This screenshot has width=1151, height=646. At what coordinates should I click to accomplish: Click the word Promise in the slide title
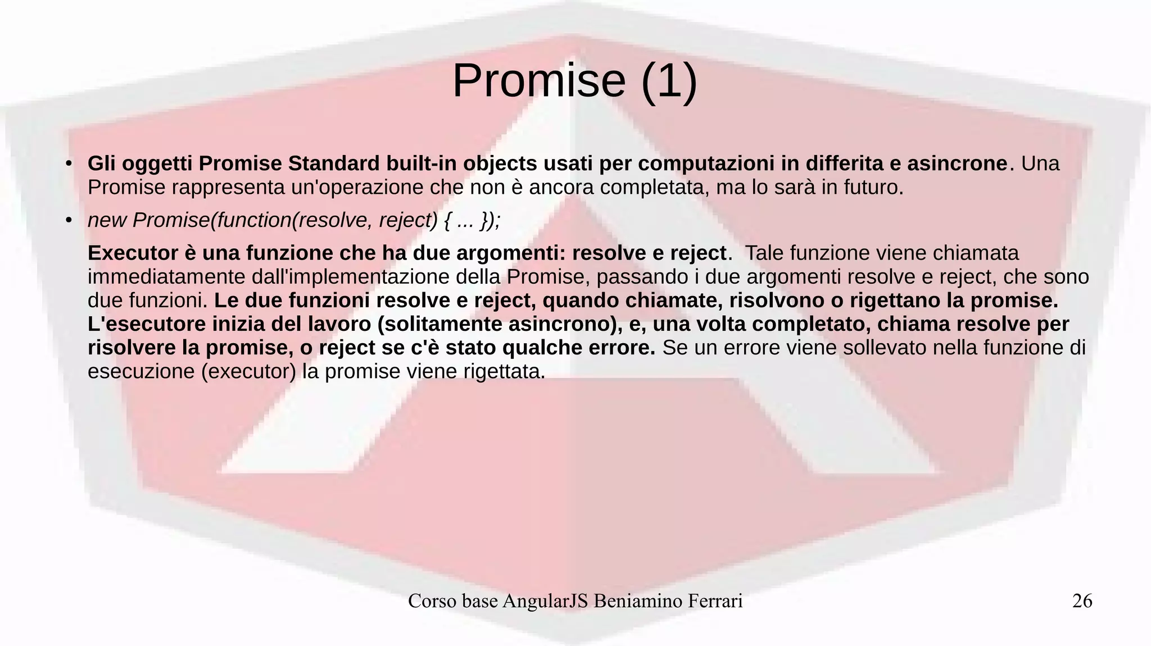tap(538, 81)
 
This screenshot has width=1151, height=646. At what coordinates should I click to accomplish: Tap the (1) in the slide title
tap(668, 81)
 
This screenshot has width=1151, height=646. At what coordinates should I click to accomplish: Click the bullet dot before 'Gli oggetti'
tap(68, 164)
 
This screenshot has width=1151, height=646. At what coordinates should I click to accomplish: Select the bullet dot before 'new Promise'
tap(68, 221)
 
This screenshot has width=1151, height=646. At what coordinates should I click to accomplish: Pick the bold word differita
tap(844, 164)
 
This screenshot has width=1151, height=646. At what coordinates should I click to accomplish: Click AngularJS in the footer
tap(545, 601)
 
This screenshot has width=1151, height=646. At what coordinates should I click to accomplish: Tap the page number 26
tap(1082, 601)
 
